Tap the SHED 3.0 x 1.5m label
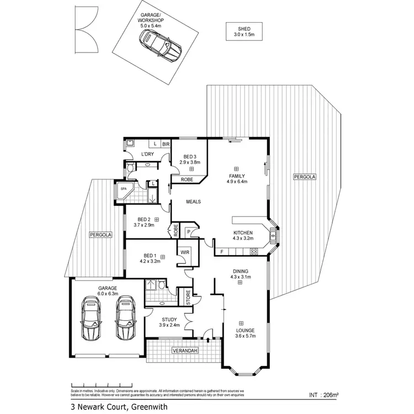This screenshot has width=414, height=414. pyautogui.click(x=243, y=31)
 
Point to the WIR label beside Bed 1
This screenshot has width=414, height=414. pyautogui.click(x=184, y=253)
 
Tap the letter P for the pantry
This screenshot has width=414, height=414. pyautogui.click(x=188, y=232)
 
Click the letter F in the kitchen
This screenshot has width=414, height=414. pyautogui.click(x=221, y=252)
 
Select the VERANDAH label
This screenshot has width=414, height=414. pyautogui.click(x=184, y=351)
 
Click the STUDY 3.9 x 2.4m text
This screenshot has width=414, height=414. pyautogui.click(x=169, y=322)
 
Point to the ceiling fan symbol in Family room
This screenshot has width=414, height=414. pyautogui.click(x=236, y=168)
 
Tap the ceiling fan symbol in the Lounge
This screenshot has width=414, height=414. pyautogui.click(x=241, y=323)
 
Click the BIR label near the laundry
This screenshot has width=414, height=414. pyautogui.click(x=164, y=144)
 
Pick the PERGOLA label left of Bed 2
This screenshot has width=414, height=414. pyautogui.click(x=100, y=235)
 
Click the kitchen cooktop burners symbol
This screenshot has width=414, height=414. pyautogui.click(x=254, y=252)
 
